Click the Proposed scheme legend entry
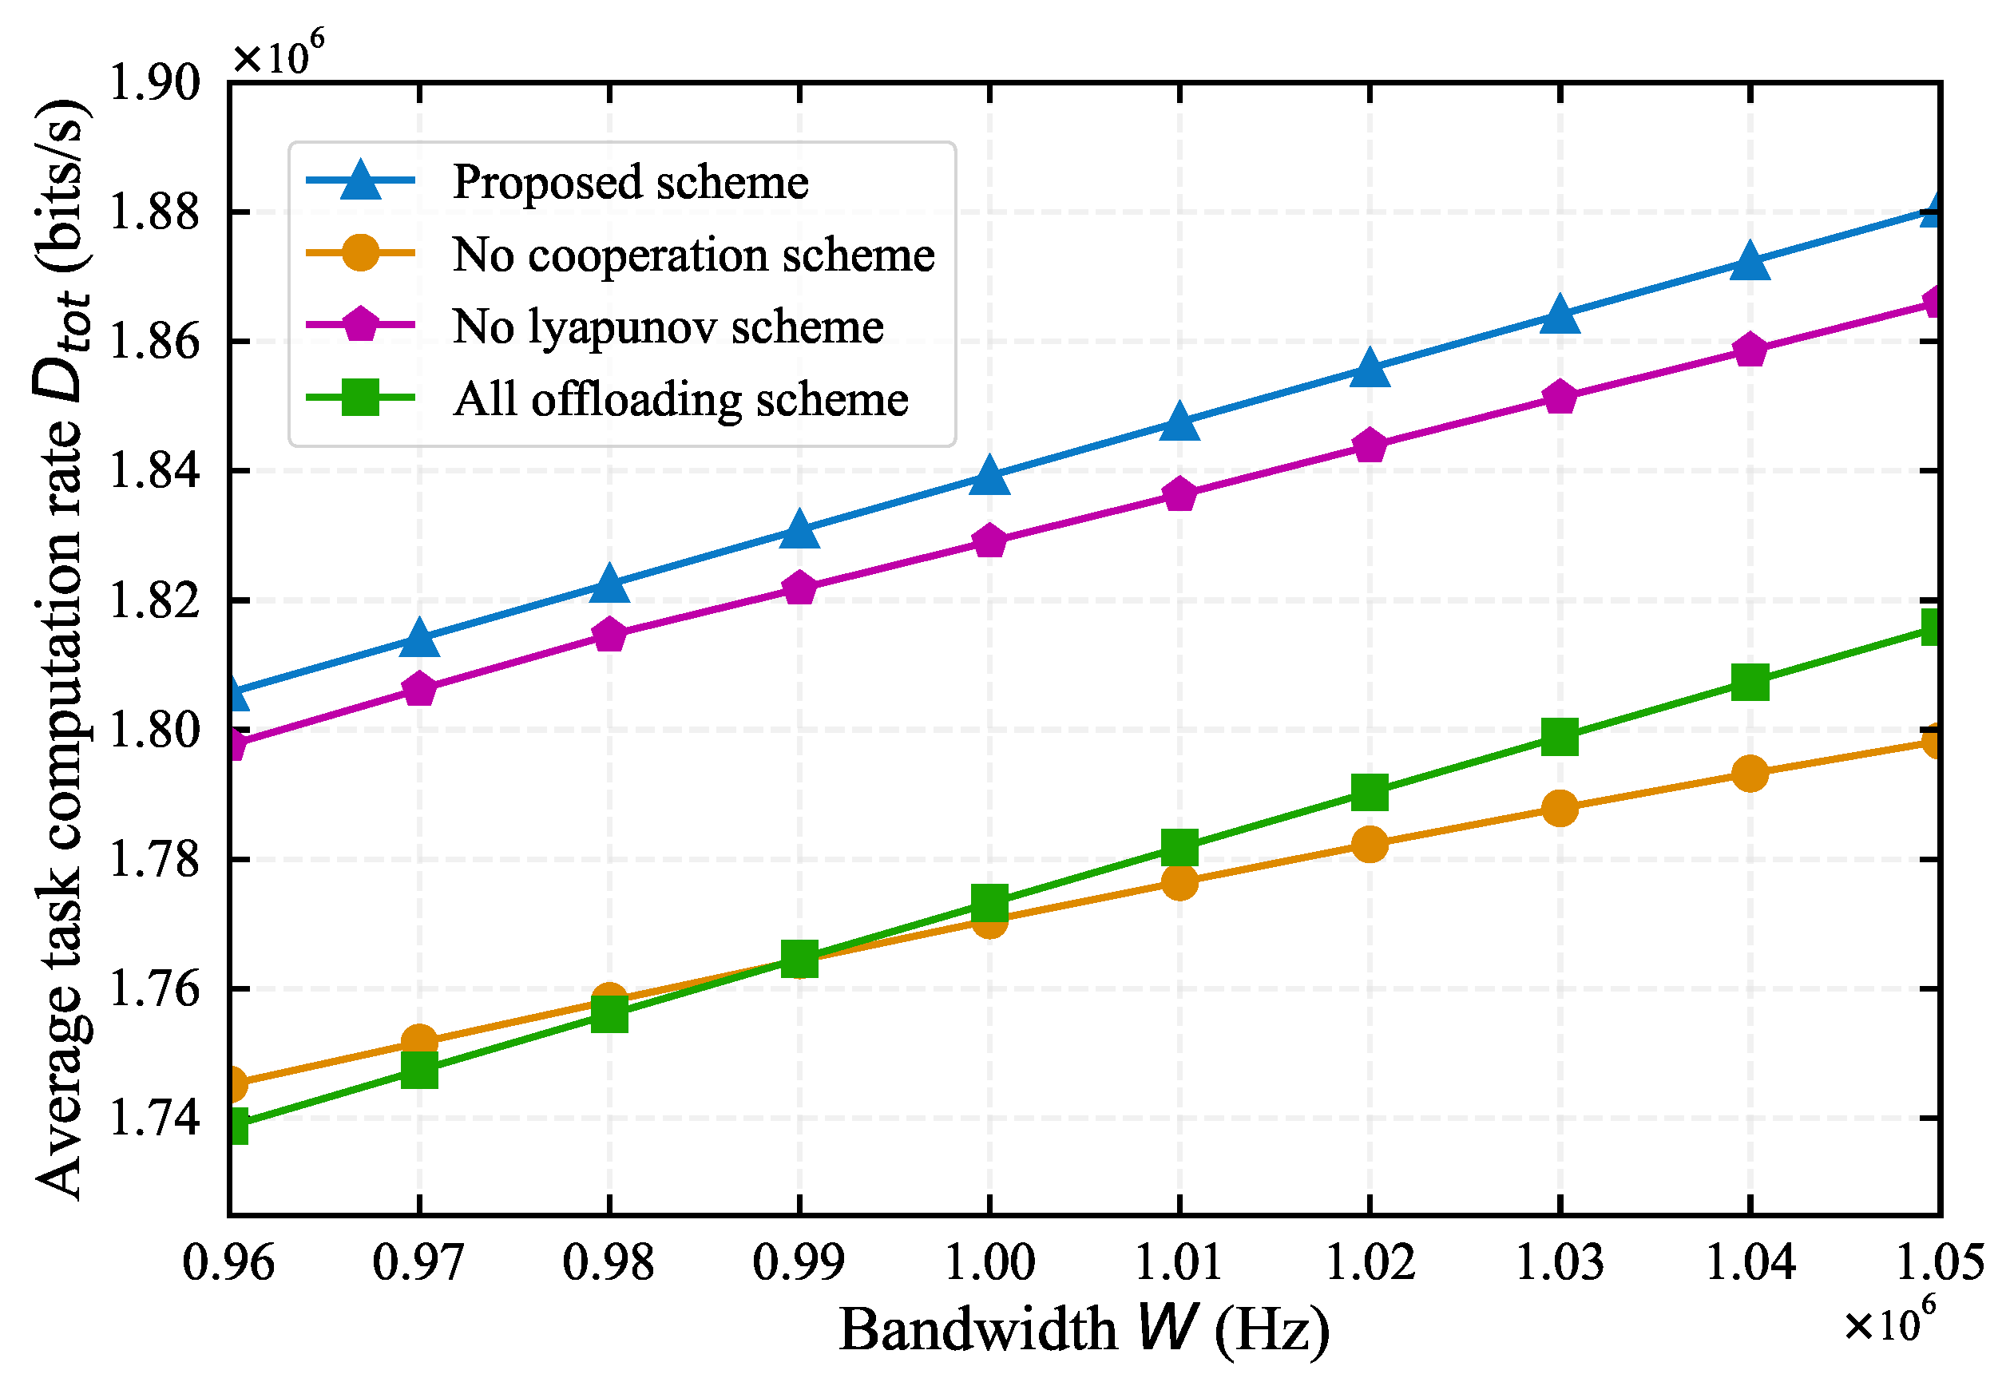630,182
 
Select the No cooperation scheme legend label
693,255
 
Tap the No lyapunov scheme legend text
668,327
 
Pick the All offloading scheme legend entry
680,399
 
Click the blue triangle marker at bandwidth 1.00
989,477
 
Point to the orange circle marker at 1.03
1560,809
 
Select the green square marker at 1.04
1750,683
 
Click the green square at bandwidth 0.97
420,1071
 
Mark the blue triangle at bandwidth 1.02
1370,369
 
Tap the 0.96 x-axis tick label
229,1262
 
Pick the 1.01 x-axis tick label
1179,1262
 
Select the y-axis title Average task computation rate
61,647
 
